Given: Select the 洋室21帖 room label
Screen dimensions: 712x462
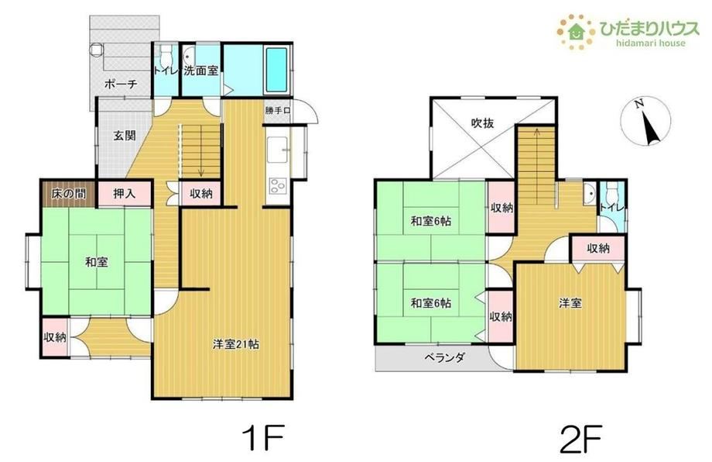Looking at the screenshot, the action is [x=236, y=344].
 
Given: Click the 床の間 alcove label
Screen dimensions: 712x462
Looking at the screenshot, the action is [x=68, y=194].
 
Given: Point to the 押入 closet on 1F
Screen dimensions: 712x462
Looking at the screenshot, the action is [x=124, y=193].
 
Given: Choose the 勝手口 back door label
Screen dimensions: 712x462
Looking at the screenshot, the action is [x=278, y=111].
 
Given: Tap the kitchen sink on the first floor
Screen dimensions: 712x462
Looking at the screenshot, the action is [x=277, y=150].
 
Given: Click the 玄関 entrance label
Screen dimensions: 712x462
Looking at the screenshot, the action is [x=125, y=136].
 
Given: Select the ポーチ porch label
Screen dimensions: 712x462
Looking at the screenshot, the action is [x=121, y=84].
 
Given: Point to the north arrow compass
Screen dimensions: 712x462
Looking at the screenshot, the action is [x=645, y=122].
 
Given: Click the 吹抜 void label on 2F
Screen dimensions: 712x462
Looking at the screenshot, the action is [x=482, y=122].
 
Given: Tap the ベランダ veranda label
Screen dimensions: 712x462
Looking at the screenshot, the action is [x=444, y=357].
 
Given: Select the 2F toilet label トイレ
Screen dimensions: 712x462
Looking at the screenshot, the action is [x=613, y=207].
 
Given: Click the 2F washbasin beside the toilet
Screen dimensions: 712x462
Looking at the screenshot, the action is [x=590, y=193].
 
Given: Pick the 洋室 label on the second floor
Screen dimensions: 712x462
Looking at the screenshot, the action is [x=570, y=303].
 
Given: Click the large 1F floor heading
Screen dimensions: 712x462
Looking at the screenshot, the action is [x=263, y=437].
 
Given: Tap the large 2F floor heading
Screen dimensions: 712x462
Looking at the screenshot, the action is [x=580, y=438].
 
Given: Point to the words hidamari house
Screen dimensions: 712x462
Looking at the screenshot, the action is [x=651, y=43].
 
